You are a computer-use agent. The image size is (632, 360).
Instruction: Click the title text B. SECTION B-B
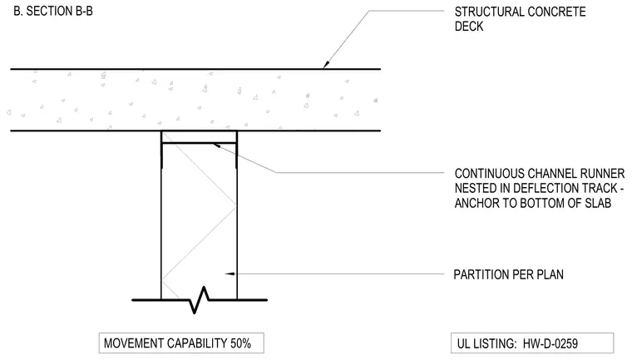click(53, 11)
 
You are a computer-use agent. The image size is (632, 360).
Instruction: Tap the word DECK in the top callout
click(469, 27)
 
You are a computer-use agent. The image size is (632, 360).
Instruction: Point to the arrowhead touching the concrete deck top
click(327, 64)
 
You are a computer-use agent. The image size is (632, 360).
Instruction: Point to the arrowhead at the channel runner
click(216, 145)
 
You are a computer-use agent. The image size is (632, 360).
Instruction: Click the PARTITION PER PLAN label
click(509, 274)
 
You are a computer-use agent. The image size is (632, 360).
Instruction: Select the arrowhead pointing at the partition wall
click(230, 274)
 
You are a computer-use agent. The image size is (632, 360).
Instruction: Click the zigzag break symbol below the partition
click(200, 300)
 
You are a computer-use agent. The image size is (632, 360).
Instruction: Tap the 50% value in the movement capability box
click(240, 343)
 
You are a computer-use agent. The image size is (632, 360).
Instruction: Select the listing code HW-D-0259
click(551, 344)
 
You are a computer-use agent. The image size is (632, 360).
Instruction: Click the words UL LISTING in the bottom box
click(486, 344)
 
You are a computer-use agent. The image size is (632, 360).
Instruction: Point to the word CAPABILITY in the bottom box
click(197, 343)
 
